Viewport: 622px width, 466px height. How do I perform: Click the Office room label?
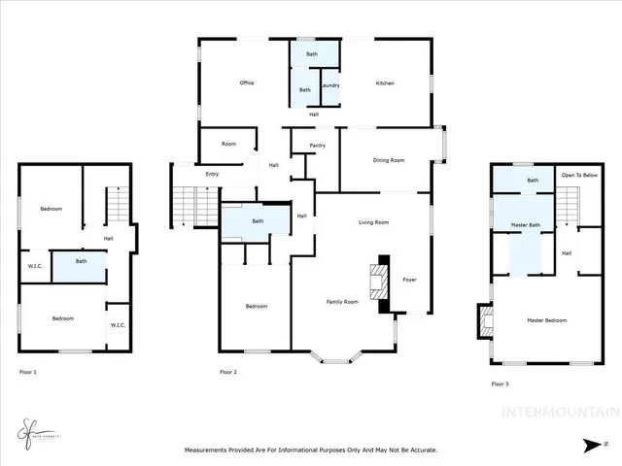[247, 83]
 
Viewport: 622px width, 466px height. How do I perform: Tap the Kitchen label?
[385, 83]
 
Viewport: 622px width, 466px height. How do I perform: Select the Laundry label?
[329, 85]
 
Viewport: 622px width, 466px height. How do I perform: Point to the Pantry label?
[317, 146]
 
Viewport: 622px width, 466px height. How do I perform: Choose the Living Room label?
[373, 222]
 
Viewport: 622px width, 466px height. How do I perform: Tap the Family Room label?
[341, 302]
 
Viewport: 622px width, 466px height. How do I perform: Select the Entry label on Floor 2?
[212, 174]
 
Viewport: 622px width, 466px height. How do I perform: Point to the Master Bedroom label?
[546, 319]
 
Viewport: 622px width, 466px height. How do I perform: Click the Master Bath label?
[526, 225]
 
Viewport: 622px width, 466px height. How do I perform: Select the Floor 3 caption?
[501, 384]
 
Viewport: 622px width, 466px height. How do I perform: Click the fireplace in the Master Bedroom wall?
[482, 321]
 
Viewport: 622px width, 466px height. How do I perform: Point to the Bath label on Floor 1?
[82, 260]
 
